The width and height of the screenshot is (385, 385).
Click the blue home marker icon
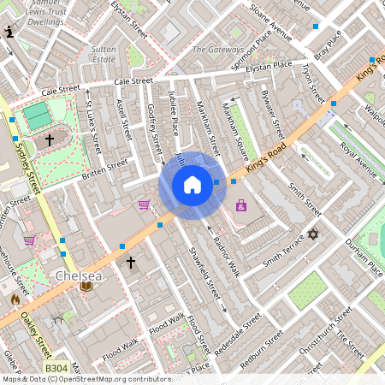pyautogui.click(x=192, y=185)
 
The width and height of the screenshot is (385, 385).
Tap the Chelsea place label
pyautogui.click(x=79, y=277)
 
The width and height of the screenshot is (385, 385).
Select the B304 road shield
pyautogui.click(x=56, y=368)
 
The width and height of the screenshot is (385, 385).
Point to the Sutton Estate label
pyautogui.click(x=104, y=55)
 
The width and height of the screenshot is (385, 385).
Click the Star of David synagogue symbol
pyautogui.click(x=313, y=234)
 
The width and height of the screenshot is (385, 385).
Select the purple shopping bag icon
pyautogui.click(x=241, y=205)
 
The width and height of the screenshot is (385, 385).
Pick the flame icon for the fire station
pyautogui.click(x=15, y=300)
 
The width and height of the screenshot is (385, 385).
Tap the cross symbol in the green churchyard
pyautogui.click(x=50, y=138)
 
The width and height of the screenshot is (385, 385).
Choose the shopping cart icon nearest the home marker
pyautogui.click(x=144, y=204)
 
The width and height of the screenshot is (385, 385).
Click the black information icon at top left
pyautogui.click(x=9, y=33)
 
